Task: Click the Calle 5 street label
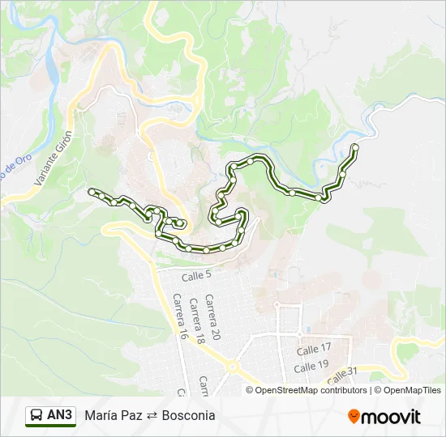point(196,276)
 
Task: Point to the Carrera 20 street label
point(212,317)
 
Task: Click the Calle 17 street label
point(313,349)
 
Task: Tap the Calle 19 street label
point(311,366)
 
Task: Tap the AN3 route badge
point(59,415)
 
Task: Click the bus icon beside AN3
point(36,416)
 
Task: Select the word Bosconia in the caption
point(188,415)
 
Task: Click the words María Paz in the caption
point(114,415)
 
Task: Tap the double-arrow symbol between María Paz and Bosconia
point(152,416)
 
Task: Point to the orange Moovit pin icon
point(354,416)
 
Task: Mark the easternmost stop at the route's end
point(354,146)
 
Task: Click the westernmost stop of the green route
point(91,191)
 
